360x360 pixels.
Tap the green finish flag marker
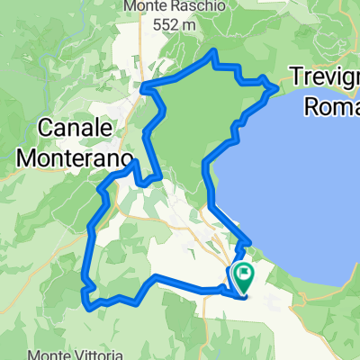pos(242,272)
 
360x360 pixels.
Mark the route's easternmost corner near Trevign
pos(275,87)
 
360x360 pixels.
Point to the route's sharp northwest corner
pos(145,88)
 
